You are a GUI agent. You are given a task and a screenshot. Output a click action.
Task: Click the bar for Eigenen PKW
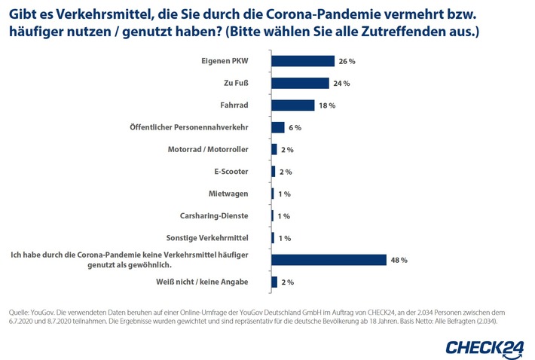(x=303, y=62)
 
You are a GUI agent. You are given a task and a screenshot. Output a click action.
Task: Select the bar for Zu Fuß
(x=301, y=84)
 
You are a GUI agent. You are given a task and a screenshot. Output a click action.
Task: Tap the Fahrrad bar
(x=293, y=105)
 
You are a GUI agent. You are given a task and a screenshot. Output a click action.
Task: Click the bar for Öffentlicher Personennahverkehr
(x=278, y=128)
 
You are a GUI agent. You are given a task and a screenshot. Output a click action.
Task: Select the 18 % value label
(x=327, y=106)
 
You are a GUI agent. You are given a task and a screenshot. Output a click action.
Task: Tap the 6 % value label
(x=296, y=128)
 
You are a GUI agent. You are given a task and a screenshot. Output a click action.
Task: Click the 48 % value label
(x=399, y=261)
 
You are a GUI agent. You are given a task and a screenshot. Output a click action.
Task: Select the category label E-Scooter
(x=242, y=172)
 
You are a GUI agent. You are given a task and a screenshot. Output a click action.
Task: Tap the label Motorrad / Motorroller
(x=219, y=150)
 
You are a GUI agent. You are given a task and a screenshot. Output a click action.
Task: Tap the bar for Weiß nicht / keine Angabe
(x=274, y=282)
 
